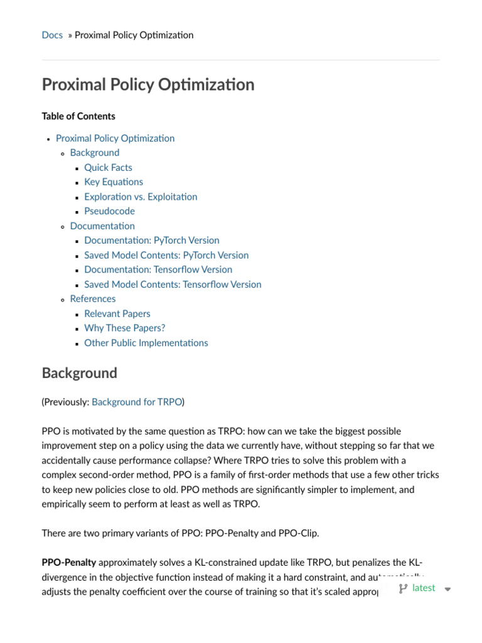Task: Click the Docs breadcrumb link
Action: click(x=52, y=35)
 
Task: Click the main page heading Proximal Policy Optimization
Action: click(x=148, y=85)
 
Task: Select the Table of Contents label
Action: click(x=78, y=116)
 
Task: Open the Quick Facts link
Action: click(x=108, y=168)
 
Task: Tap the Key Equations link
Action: click(x=114, y=182)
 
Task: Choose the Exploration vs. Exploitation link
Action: click(x=141, y=197)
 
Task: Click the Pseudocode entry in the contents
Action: click(x=109, y=211)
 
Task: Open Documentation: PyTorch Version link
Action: click(x=152, y=240)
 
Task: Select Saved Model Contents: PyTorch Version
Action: click(x=166, y=255)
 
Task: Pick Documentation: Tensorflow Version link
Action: click(x=158, y=269)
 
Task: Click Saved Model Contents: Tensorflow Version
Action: click(x=173, y=284)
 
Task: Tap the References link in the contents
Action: click(x=93, y=299)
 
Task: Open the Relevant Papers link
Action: click(x=117, y=313)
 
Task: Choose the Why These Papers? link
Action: click(x=125, y=328)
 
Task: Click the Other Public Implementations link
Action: click(x=146, y=343)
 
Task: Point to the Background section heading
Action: click(x=79, y=373)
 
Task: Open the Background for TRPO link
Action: click(x=137, y=402)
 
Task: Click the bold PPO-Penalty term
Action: click(x=69, y=563)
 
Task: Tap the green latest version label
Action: click(x=424, y=588)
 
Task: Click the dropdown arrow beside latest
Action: click(x=447, y=589)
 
